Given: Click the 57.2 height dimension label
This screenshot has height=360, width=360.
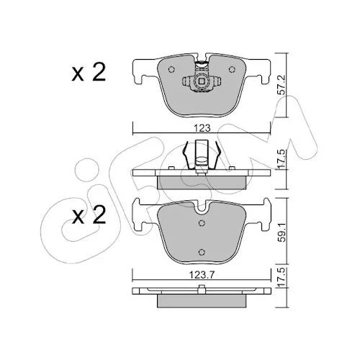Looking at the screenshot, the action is coord(281,85).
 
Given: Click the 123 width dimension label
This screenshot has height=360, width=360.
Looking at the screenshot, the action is coord(202,128).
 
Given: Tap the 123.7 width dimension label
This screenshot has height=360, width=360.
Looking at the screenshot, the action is coord(202,275).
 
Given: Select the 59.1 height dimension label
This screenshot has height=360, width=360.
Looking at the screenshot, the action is coord(281,232).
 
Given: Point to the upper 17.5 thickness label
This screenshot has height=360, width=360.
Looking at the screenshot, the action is coord(281,158).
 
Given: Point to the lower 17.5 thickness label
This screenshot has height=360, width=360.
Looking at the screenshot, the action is coord(281,276).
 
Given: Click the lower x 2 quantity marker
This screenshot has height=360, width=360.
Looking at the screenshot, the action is coord(89,215).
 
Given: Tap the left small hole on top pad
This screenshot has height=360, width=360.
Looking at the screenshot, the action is coord(171,70).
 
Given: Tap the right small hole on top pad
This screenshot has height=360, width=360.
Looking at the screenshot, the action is coord(232,70).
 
